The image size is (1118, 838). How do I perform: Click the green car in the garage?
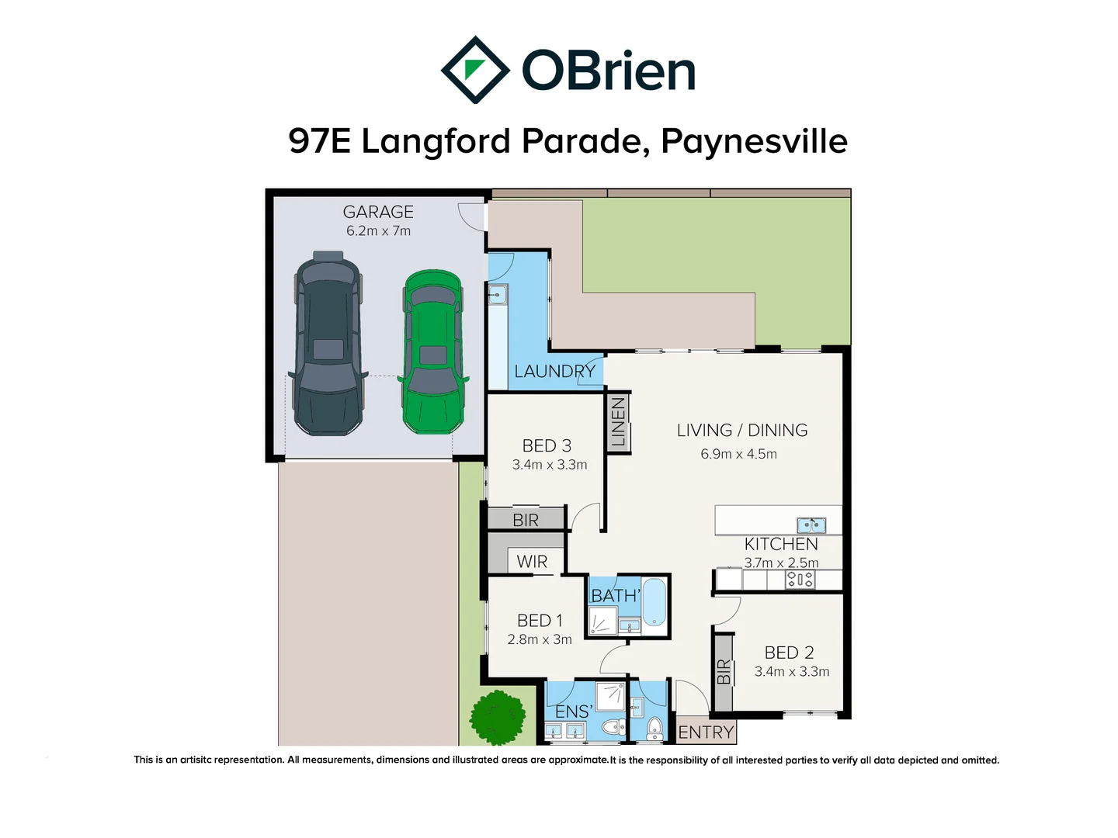tap(433, 351)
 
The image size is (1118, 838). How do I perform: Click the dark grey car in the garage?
tap(328, 343)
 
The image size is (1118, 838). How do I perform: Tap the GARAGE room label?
tap(378, 212)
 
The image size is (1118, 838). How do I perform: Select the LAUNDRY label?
tap(554, 372)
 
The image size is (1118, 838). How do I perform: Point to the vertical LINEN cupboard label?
tap(618, 422)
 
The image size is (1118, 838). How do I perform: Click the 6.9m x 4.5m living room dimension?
tap(738, 454)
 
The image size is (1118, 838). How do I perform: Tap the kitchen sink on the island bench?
tap(811, 525)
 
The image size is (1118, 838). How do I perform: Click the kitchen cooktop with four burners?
tap(800, 579)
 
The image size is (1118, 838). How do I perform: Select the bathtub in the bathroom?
tap(654, 601)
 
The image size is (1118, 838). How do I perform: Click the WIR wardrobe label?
tap(532, 562)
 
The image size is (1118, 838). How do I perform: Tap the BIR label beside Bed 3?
tap(526, 520)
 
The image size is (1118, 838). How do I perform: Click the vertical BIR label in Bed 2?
tap(724, 671)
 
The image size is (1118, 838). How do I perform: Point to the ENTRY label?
tap(706, 732)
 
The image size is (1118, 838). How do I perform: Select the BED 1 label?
tap(540, 621)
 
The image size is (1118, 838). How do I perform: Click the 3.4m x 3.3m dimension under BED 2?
tap(792, 672)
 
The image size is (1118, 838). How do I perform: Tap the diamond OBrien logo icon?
tap(474, 70)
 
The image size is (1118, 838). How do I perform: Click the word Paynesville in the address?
tap(754, 141)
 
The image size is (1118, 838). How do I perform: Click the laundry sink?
tap(497, 295)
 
